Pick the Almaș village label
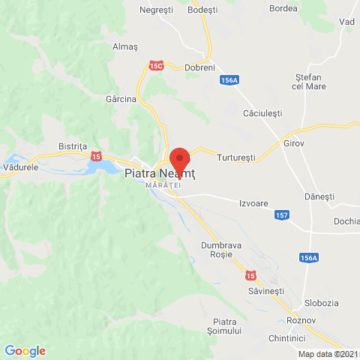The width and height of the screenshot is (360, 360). [125, 46]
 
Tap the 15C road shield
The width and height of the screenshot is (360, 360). [156, 66]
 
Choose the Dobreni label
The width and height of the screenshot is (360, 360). [200, 66]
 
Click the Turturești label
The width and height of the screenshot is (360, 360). [236, 158]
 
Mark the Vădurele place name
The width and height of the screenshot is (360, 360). [21, 168]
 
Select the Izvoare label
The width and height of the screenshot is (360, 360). [253, 203]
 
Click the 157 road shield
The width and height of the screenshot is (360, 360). [281, 215]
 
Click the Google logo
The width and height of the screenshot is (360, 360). [25, 350]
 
